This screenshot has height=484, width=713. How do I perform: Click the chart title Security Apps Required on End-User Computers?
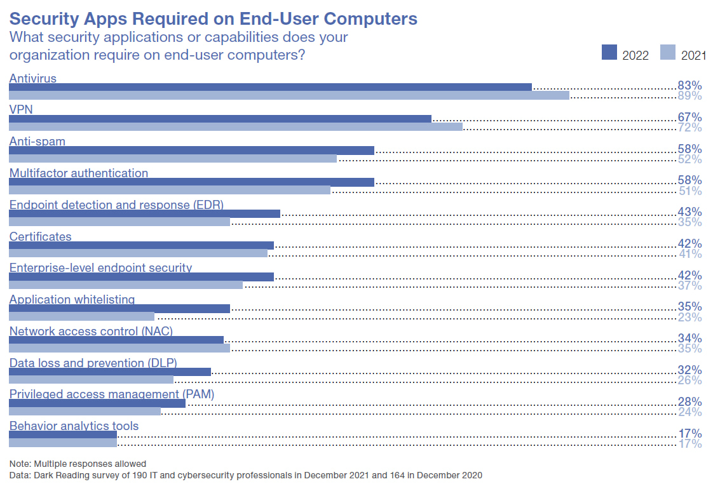(x=213, y=18)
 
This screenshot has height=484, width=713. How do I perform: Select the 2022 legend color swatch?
(x=609, y=53)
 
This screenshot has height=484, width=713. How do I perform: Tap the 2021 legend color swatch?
(x=668, y=53)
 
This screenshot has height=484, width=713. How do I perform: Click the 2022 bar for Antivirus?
(x=270, y=87)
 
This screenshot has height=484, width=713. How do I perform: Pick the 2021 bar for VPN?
(x=235, y=127)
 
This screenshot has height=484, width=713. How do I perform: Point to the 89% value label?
(x=689, y=96)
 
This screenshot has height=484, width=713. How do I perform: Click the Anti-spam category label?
(x=37, y=141)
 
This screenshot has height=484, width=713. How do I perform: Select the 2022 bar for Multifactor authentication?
(x=191, y=182)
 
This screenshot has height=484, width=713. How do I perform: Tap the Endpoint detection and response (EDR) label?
(x=116, y=205)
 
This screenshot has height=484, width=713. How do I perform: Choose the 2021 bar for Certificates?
(x=138, y=253)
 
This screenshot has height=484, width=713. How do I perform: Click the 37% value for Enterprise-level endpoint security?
(x=689, y=285)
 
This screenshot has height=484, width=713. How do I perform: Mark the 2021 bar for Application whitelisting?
(x=81, y=316)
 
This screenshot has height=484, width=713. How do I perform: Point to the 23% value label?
(x=689, y=317)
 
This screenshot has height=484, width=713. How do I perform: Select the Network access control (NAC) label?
(x=91, y=331)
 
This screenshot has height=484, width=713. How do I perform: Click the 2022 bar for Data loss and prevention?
(x=109, y=372)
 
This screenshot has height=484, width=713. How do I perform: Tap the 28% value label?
(x=689, y=402)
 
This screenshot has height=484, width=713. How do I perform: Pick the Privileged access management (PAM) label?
(x=112, y=394)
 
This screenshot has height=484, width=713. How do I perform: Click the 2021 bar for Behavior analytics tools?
(x=62, y=443)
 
